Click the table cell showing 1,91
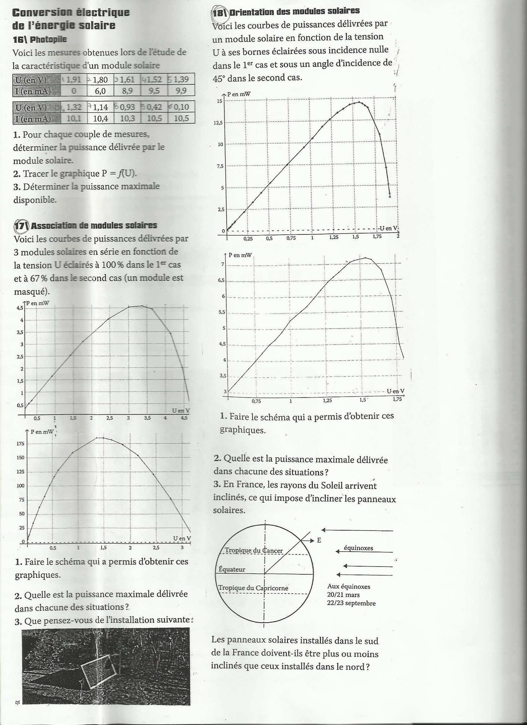tap(73, 79)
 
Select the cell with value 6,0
tap(100, 91)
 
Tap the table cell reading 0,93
tap(127, 107)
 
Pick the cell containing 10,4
tap(100, 118)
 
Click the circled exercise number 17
tap(21, 226)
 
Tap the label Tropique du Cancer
tap(254, 550)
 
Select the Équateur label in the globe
tap(232, 569)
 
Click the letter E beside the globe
tap(319, 540)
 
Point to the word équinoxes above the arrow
tap(358, 548)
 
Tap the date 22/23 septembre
tap(351, 603)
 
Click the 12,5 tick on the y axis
tap(218, 123)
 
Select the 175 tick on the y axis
tap(20, 444)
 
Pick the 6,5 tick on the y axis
tap(221, 280)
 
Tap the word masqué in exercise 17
tap(31, 291)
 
